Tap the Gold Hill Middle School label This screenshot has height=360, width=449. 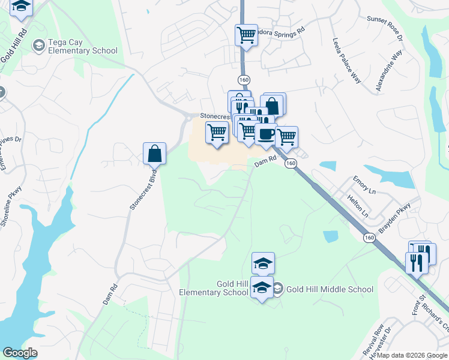[x=330, y=289]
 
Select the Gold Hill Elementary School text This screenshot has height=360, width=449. [x=214, y=288]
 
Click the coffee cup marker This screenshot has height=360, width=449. [x=265, y=133]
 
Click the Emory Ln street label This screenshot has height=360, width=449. [x=364, y=184]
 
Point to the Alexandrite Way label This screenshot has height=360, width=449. [x=388, y=71]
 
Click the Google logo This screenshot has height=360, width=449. [x=20, y=353]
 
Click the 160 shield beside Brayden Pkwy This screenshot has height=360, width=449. [x=369, y=238]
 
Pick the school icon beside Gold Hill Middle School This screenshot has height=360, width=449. [x=279, y=289]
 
